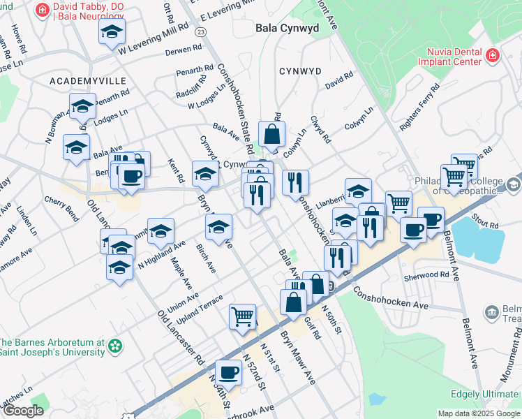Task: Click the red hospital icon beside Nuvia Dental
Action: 493,54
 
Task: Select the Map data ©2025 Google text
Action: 479,413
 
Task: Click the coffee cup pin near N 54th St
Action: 228,372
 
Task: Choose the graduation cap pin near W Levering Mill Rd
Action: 112,32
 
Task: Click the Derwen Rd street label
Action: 184,50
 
